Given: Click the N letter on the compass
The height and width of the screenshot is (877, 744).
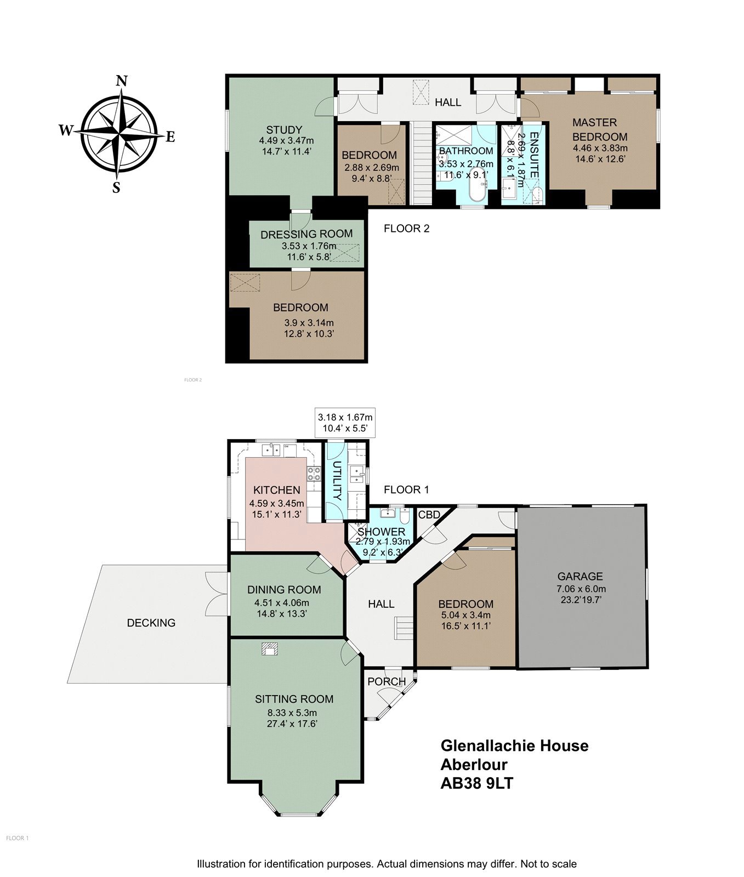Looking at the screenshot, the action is pyautogui.click(x=122, y=82).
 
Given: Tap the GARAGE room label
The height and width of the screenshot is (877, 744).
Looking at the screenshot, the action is pyautogui.click(x=580, y=576).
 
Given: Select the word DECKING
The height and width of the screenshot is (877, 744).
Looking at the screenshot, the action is pyautogui.click(x=151, y=623).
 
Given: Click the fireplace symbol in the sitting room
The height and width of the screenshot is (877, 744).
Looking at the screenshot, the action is pyautogui.click(x=270, y=649).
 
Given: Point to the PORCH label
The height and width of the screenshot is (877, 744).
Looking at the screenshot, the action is pyautogui.click(x=387, y=682).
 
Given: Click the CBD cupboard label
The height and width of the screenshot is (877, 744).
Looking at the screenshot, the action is pyautogui.click(x=429, y=515).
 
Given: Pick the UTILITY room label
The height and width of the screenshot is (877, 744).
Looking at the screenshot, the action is pyautogui.click(x=337, y=481).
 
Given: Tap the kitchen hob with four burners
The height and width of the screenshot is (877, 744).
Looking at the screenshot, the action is pyautogui.click(x=314, y=474).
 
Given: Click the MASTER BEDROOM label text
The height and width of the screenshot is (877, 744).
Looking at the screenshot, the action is pyautogui.click(x=600, y=129).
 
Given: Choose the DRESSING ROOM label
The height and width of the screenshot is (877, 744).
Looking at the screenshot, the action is pyautogui.click(x=306, y=234).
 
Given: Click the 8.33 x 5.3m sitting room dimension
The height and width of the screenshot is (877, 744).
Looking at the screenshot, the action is pyautogui.click(x=292, y=713).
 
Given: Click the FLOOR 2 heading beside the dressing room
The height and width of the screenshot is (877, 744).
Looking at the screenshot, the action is pyautogui.click(x=406, y=229).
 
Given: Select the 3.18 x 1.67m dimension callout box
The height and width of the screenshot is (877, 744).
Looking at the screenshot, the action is pyautogui.click(x=345, y=423).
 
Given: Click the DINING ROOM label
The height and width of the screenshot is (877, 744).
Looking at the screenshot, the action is pyautogui.click(x=284, y=590).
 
